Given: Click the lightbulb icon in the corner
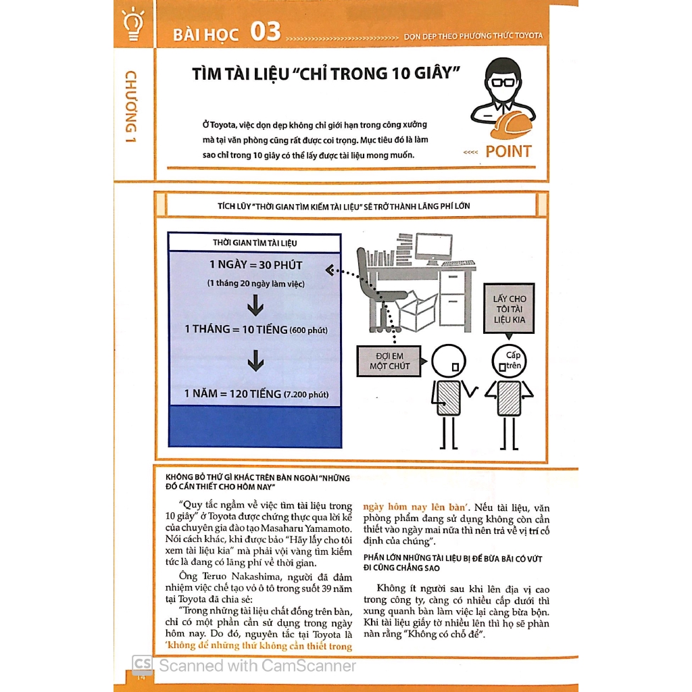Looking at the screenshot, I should (132, 24).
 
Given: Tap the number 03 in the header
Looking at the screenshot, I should (265, 32).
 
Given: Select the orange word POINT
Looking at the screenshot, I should (508, 151).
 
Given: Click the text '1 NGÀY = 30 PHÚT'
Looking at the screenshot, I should (255, 265).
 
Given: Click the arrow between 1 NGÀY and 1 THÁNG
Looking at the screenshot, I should (255, 308).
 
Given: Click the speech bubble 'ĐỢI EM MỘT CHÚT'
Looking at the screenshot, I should (389, 361).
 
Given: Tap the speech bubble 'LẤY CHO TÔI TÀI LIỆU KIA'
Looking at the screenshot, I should (509, 309).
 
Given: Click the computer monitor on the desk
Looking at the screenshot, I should (433, 248).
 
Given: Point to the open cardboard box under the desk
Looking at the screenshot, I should (418, 312).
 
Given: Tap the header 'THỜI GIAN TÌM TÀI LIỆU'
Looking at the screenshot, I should (254, 242).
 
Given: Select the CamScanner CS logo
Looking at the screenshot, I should (142, 665).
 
